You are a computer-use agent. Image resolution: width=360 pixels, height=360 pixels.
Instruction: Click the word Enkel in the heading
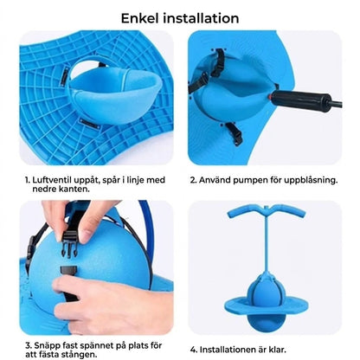coord(140,18)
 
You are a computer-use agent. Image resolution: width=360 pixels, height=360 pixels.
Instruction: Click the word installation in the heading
coord(201,18)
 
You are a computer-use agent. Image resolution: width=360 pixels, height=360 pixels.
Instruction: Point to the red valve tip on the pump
coord(271,98)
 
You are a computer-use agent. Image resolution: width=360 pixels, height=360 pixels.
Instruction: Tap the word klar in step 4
coord(278,350)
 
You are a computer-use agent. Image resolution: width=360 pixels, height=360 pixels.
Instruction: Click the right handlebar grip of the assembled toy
coord(288,210)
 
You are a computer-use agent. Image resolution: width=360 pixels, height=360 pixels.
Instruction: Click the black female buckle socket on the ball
coord(68,272)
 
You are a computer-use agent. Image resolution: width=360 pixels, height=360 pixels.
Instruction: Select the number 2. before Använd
coord(193,181)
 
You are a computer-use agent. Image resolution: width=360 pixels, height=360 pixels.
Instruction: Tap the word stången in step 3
coord(78,354)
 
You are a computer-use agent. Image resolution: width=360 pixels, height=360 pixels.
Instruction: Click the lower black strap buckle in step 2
coord(235,134)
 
